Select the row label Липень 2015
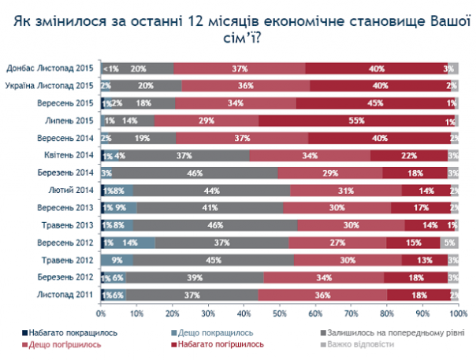pyautogui.click(x=70, y=121)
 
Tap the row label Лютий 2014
pyautogui.click(x=73, y=190)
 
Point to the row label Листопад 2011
pyautogui.click(x=68, y=294)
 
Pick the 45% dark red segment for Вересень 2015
pyautogui.click(x=376, y=103)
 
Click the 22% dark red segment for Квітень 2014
pyautogui.click(x=408, y=155)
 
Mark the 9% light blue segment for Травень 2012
pyautogui.click(x=117, y=259)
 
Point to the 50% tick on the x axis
pyautogui.click(x=279, y=312)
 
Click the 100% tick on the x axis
pyautogui.click(x=458, y=312)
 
